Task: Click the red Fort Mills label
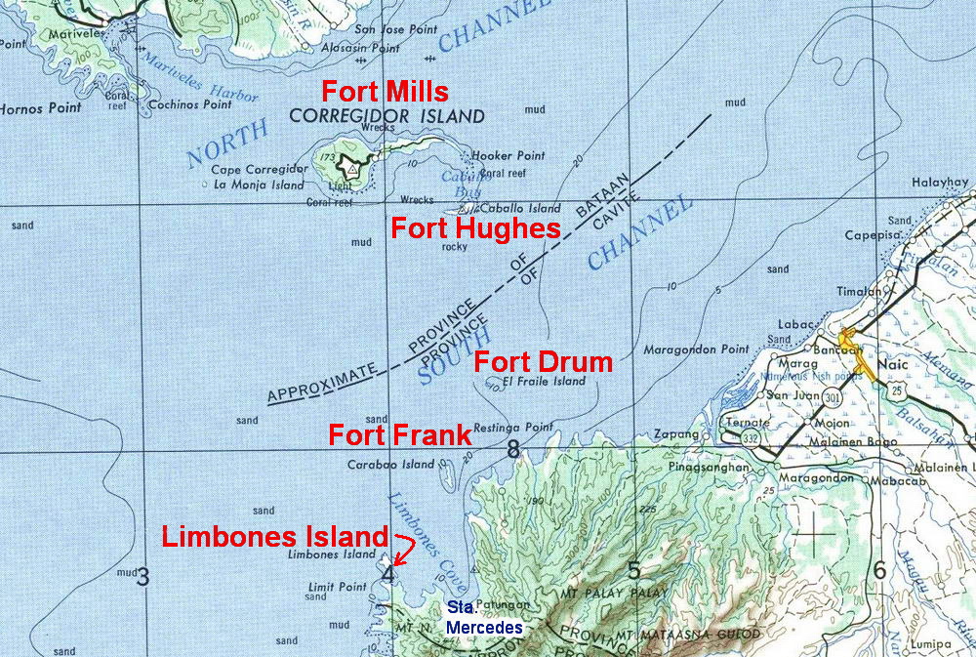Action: (386, 93)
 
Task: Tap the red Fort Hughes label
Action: (475, 229)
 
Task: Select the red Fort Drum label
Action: (543, 362)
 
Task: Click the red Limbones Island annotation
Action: (275, 536)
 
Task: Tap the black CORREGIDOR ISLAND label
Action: (387, 117)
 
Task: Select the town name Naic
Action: (890, 361)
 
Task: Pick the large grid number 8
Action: (513, 450)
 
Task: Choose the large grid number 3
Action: (143, 576)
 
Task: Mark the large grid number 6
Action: (878, 572)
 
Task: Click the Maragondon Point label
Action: (696, 349)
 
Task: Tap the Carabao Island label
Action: (390, 465)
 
